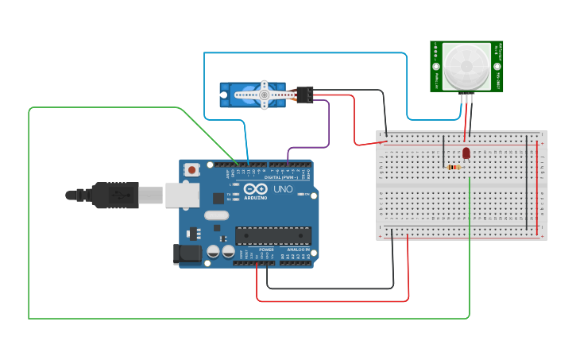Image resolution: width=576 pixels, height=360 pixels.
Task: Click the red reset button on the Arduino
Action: click(x=192, y=169)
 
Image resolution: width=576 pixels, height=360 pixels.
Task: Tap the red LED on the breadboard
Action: click(x=466, y=153)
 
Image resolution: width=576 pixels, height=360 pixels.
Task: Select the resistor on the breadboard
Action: click(x=454, y=167)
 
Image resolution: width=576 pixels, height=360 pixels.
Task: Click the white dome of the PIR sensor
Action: click(x=466, y=65)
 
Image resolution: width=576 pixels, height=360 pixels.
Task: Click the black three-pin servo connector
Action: click(x=304, y=94)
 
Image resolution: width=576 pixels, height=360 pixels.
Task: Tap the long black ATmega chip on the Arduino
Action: click(x=273, y=235)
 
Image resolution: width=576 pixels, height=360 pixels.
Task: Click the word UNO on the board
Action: click(x=284, y=192)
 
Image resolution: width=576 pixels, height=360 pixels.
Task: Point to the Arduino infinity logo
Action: click(x=255, y=189)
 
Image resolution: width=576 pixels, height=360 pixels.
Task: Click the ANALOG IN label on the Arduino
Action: click(x=298, y=250)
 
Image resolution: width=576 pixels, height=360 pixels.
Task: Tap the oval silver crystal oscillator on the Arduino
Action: click(x=216, y=215)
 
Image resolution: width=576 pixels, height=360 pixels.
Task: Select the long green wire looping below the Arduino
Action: click(x=238, y=318)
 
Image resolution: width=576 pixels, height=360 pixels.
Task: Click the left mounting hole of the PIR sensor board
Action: click(x=436, y=66)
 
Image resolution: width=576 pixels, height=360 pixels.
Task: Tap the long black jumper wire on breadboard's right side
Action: click(x=526, y=183)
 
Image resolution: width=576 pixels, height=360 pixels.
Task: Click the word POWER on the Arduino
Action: click(x=266, y=250)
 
